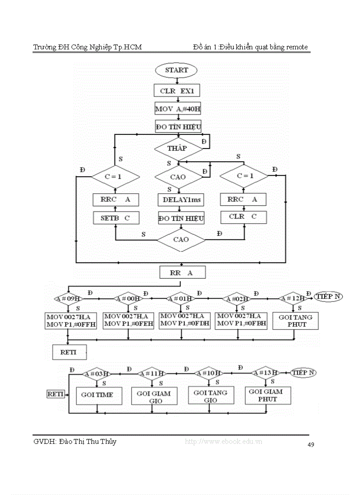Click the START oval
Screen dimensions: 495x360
[x=176, y=70]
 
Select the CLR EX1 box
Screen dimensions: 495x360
[x=176, y=91]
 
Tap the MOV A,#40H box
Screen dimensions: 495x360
[x=178, y=108]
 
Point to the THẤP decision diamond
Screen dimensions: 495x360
[x=177, y=149]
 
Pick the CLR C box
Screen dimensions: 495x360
[x=243, y=216]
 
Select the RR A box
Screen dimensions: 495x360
[x=182, y=273]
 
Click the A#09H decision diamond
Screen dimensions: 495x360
[x=67, y=299]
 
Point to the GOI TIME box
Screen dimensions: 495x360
[x=97, y=395]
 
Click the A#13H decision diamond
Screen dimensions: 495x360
[x=266, y=373]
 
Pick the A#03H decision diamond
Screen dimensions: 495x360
[x=97, y=374]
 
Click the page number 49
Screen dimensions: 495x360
[x=311, y=445]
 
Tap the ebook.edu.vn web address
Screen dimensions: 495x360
[x=224, y=442]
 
